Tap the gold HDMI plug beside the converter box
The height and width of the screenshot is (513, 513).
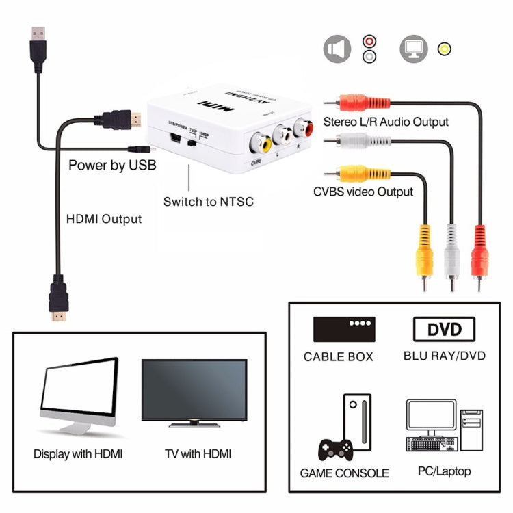[x=123, y=120]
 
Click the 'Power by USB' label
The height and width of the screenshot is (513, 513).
[x=112, y=165]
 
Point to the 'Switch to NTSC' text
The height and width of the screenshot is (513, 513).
[x=208, y=201]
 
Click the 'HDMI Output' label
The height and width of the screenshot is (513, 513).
[x=104, y=219]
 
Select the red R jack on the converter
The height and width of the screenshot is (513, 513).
[x=301, y=127]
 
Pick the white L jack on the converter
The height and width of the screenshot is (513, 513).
[x=280, y=134]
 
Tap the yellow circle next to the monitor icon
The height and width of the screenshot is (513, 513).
[x=445, y=49]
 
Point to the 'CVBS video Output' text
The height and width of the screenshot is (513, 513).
[x=363, y=192]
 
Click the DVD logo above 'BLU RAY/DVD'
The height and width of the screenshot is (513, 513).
[x=444, y=329]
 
